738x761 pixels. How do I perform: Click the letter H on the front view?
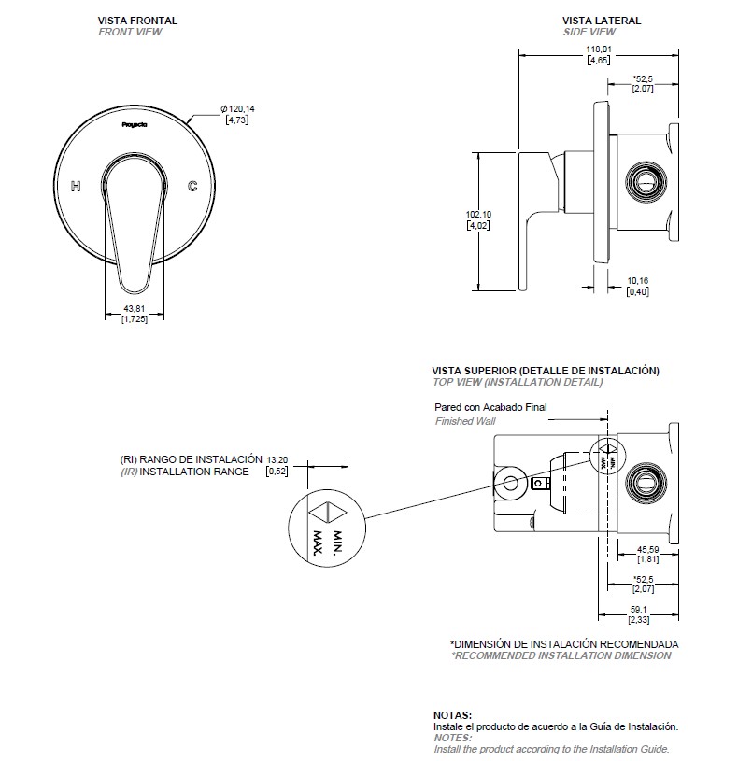pyautogui.click(x=77, y=187)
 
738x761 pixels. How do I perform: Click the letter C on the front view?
pyautogui.click(x=192, y=187)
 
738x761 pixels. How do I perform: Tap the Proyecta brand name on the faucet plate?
pyautogui.click(x=135, y=122)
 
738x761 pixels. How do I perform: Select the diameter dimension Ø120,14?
pyautogui.click(x=238, y=110)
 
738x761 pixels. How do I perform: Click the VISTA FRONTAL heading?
pyautogui.click(x=137, y=20)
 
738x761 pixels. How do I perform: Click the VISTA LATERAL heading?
pyautogui.click(x=601, y=20)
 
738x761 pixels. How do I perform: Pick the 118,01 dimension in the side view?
pyautogui.click(x=599, y=49)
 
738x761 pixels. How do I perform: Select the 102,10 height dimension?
pyautogui.click(x=478, y=215)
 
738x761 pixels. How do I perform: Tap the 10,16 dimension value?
pyautogui.click(x=638, y=280)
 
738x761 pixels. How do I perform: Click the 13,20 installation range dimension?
pyautogui.click(x=277, y=459)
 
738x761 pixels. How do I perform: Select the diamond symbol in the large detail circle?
pyautogui.click(x=327, y=513)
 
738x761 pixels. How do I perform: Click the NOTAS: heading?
pyautogui.click(x=453, y=714)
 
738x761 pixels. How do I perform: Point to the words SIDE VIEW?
pyautogui.click(x=589, y=32)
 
